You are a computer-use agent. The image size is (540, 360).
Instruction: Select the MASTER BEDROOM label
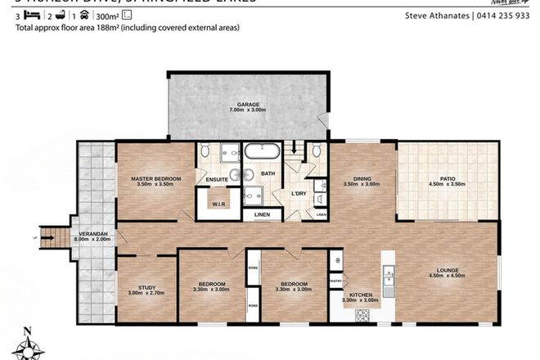pyautogui.click(x=155, y=178)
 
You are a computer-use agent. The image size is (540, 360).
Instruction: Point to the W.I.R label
pyautogui.click(x=218, y=205)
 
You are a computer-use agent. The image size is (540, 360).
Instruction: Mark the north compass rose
pyautogui.click(x=29, y=344)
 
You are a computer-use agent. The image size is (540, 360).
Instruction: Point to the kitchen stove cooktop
pyautogui.click(x=336, y=260)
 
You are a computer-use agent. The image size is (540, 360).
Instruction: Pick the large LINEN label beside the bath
pyautogui.click(x=262, y=215)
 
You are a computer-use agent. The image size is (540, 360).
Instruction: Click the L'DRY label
pyautogui.click(x=298, y=193)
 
